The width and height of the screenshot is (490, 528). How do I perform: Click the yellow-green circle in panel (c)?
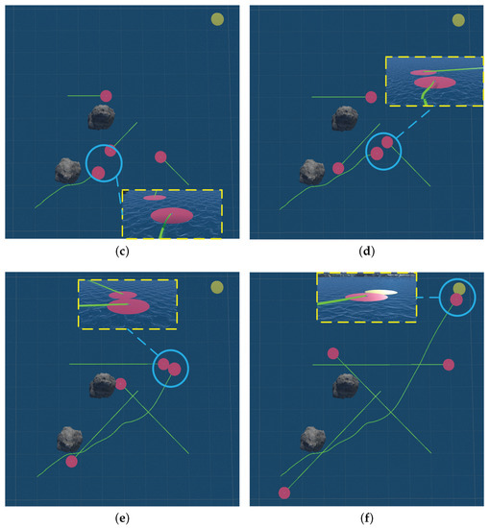218,19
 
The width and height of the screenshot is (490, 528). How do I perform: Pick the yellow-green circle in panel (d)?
458,20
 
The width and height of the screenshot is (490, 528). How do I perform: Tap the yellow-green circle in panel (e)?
218,287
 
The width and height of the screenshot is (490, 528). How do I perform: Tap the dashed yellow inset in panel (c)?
171,212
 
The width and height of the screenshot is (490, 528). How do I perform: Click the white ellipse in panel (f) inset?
381,292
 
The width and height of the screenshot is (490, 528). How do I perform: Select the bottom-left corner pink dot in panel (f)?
283,493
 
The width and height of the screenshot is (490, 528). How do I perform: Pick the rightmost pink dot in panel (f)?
449,364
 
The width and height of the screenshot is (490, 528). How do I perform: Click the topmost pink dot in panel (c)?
106,95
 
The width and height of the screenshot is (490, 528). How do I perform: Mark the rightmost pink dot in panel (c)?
160,156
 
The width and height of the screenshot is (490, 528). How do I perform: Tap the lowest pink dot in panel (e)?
71,462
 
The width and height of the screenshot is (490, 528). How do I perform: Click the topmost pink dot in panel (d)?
371,96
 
